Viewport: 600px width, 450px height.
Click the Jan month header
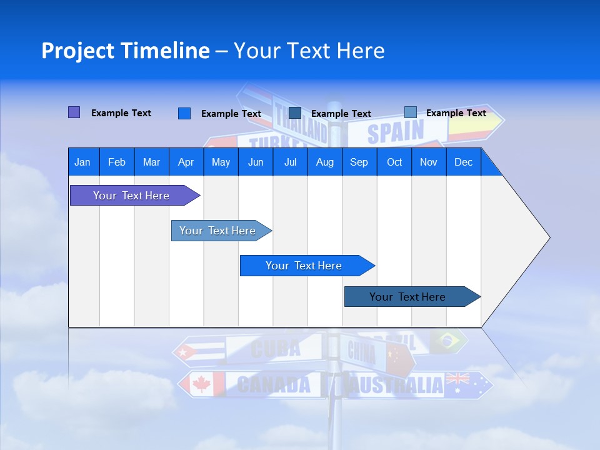[83, 162]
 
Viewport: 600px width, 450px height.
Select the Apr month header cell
[186, 162]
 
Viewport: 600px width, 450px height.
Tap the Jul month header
[290, 162]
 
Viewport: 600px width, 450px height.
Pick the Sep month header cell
[359, 162]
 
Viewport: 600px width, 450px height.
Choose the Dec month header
[463, 162]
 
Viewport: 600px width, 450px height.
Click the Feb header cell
[117, 162]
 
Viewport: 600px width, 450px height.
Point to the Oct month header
[394, 162]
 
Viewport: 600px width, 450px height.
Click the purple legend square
[74, 112]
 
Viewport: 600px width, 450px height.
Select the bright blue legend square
[184, 113]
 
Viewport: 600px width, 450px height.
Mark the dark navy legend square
[295, 112]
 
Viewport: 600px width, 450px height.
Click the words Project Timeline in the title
[126, 51]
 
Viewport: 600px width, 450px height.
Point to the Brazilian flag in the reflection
[448, 341]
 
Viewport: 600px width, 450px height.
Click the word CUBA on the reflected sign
[276, 349]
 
